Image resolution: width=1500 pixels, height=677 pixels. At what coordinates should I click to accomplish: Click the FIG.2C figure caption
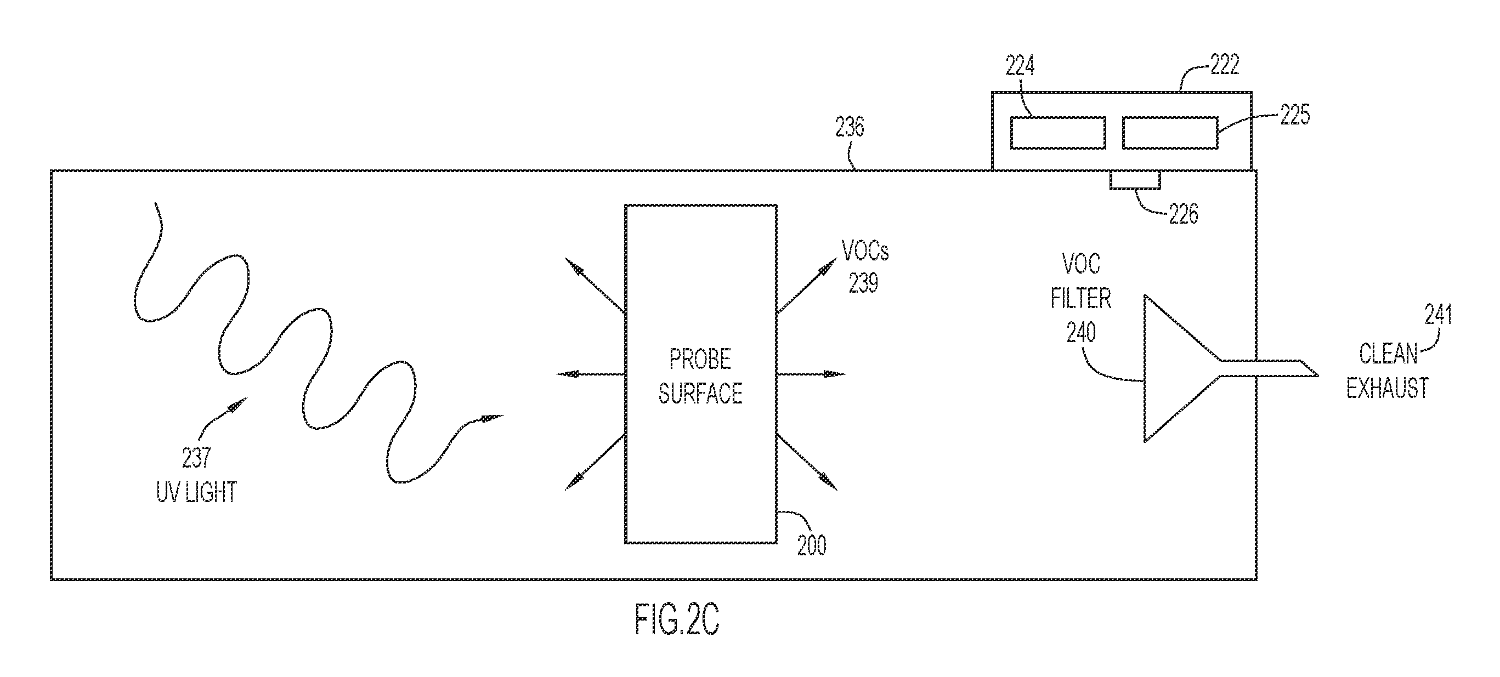click(677, 620)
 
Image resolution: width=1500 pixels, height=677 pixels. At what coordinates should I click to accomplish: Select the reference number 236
click(850, 127)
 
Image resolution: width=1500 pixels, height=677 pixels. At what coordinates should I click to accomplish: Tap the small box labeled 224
click(1057, 133)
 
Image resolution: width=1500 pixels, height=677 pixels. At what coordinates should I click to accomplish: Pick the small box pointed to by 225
click(1170, 133)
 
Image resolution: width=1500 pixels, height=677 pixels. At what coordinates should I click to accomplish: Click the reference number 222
click(1225, 64)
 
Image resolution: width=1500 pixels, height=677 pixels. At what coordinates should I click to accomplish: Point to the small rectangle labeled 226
click(1135, 180)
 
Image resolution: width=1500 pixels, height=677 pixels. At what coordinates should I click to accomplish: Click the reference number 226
click(1183, 215)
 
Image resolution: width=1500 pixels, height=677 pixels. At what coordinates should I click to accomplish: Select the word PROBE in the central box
click(700, 359)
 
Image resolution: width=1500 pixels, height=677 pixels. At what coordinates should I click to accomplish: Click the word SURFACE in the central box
click(700, 394)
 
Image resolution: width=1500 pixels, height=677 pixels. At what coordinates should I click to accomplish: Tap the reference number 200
click(812, 545)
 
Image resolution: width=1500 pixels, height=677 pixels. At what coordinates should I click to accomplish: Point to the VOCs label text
click(865, 251)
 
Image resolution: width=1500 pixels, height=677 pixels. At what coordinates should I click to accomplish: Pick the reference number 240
click(1082, 332)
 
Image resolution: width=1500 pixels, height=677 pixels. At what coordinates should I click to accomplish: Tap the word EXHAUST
click(1388, 388)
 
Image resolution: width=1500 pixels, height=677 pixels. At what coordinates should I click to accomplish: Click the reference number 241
click(1438, 315)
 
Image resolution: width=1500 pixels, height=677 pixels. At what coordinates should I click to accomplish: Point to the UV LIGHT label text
click(196, 492)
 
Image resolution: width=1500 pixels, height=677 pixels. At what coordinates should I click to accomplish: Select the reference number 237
click(196, 458)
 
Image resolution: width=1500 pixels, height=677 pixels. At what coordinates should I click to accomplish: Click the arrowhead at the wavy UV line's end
click(493, 418)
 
